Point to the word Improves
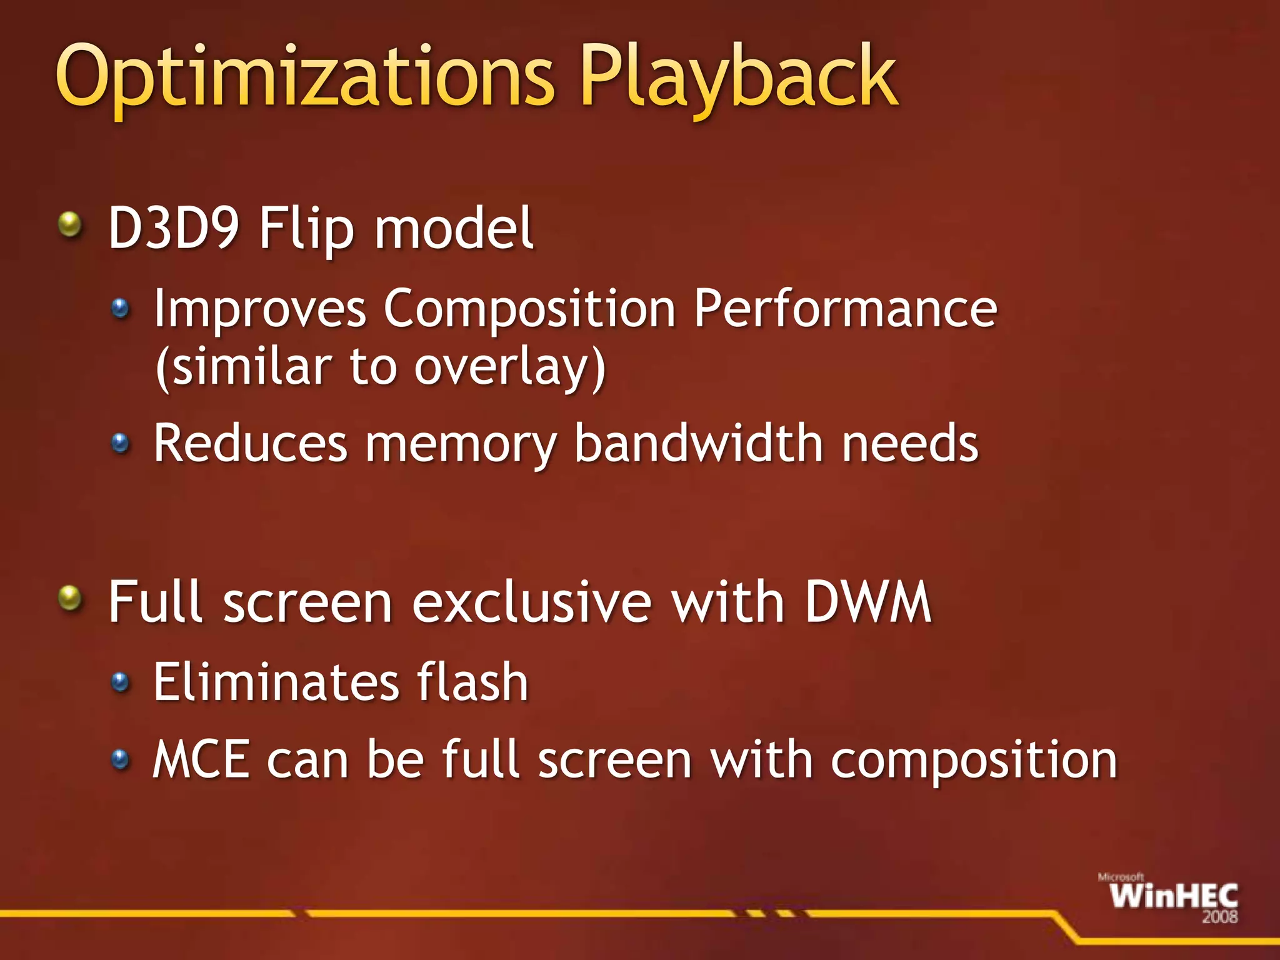[x=260, y=309]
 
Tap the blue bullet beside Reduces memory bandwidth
[x=120, y=443]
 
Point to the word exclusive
[x=532, y=602]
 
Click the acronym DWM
[x=868, y=601]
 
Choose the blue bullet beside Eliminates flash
[x=120, y=681]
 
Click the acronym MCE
[x=202, y=759]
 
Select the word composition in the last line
[x=974, y=761]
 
